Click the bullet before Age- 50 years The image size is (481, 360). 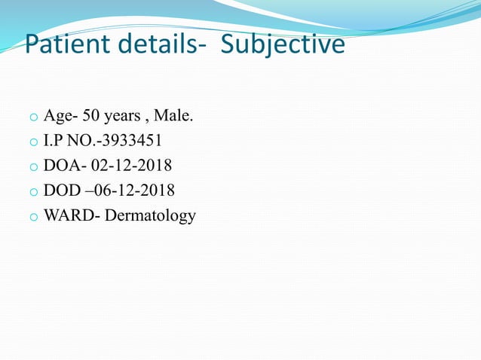click(33, 117)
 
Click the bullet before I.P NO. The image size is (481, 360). click(33, 142)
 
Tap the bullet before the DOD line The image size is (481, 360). click(33, 192)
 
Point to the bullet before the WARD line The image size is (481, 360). click(33, 217)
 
